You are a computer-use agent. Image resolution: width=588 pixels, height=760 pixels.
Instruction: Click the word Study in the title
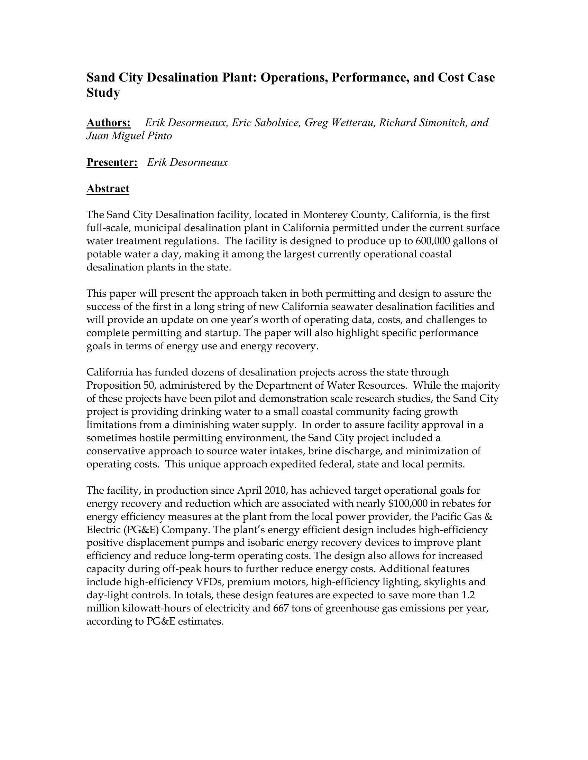click(x=103, y=93)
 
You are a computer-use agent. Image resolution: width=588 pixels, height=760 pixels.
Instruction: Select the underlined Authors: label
click(x=108, y=123)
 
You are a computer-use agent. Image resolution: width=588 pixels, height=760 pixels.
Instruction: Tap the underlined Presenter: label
click(x=112, y=162)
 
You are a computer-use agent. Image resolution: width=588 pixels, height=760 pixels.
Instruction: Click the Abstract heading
click(x=108, y=189)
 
